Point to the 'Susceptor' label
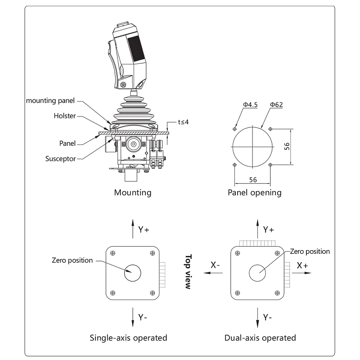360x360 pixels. (63, 158)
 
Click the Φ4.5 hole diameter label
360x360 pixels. (250, 104)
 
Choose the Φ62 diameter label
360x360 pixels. (276, 104)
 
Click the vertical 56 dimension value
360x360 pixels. (299, 147)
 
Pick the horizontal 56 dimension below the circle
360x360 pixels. (253, 180)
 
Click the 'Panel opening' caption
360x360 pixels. (254, 193)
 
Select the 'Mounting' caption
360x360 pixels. (132, 193)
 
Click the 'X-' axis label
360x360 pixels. (215, 265)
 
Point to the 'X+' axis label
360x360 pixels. (302, 265)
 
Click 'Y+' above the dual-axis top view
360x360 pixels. (269, 229)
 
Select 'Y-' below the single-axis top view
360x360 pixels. (143, 317)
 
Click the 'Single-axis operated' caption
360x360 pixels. (129, 337)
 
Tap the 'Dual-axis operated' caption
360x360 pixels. (260, 337)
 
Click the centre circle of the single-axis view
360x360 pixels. (133, 273)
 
